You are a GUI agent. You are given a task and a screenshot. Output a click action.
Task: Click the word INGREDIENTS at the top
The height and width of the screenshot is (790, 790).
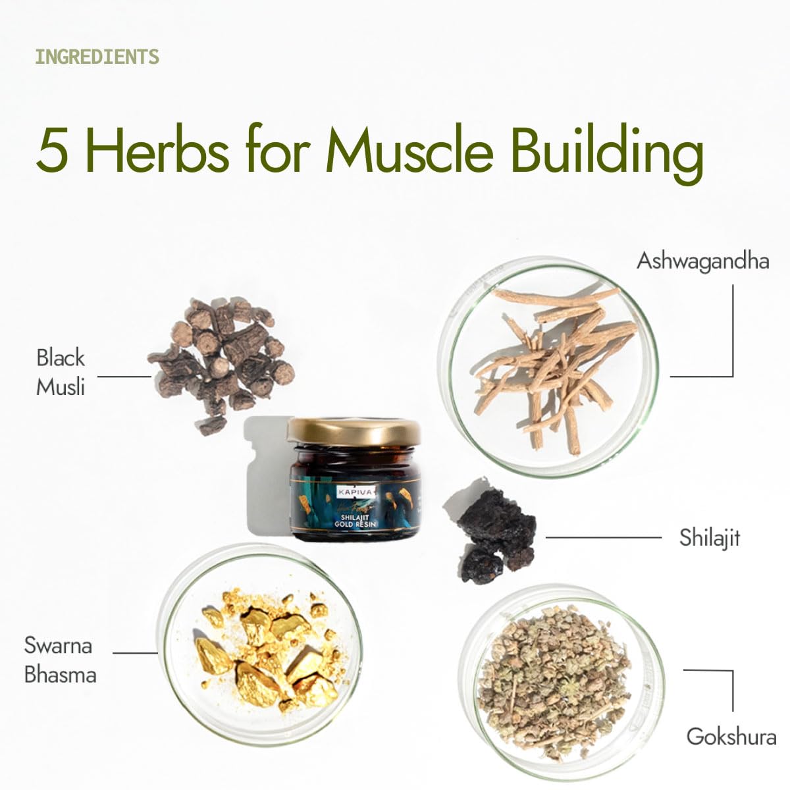click(97, 57)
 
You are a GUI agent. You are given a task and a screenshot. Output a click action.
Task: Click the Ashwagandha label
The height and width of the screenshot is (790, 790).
click(702, 261)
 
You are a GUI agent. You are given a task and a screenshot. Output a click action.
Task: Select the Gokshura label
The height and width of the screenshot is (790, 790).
click(731, 737)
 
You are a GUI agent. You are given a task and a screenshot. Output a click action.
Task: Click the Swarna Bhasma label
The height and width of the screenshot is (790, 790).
click(61, 660)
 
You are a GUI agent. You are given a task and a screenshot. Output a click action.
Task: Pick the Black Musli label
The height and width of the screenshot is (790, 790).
click(61, 372)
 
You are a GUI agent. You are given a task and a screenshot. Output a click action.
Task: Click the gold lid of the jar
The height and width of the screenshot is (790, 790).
click(354, 431)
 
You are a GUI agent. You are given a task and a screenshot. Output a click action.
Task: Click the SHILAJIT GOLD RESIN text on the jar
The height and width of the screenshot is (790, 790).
click(355, 521)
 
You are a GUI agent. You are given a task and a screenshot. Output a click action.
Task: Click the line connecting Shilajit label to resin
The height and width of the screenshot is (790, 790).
click(604, 537)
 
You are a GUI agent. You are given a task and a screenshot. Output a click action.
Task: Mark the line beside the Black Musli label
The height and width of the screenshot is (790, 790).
click(124, 376)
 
